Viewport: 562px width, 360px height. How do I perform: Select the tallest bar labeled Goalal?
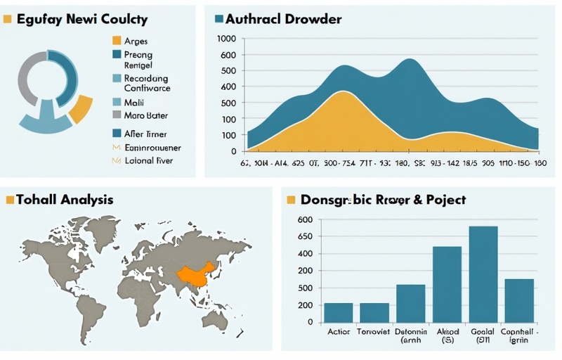pos(483,274)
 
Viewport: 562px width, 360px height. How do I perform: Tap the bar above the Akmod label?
pos(447,285)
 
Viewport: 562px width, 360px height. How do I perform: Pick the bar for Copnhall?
pos(519,300)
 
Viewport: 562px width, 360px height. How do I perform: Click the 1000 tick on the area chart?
pos(228,39)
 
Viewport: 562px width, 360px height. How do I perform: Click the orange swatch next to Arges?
pos(117,41)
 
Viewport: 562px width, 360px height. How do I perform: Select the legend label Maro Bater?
pos(145,115)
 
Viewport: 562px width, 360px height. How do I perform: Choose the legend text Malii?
pos(133,102)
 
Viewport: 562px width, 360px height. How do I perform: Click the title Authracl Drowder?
pos(285,19)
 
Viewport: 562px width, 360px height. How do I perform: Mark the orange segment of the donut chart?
pos(81,108)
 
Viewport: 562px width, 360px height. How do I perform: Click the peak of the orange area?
pos(342,92)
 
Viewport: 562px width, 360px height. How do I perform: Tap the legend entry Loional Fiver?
pos(148,160)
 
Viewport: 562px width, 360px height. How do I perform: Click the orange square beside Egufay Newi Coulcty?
pos(8,19)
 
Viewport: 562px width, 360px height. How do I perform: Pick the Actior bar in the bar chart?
pos(339,312)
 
